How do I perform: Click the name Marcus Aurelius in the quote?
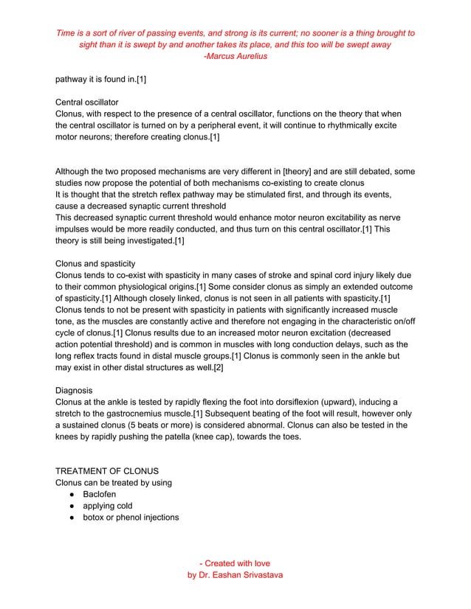(x=237, y=56)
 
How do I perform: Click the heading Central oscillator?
(x=88, y=102)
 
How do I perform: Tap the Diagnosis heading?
(x=77, y=389)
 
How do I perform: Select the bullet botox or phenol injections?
(x=131, y=518)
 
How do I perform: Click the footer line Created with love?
(x=235, y=563)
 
